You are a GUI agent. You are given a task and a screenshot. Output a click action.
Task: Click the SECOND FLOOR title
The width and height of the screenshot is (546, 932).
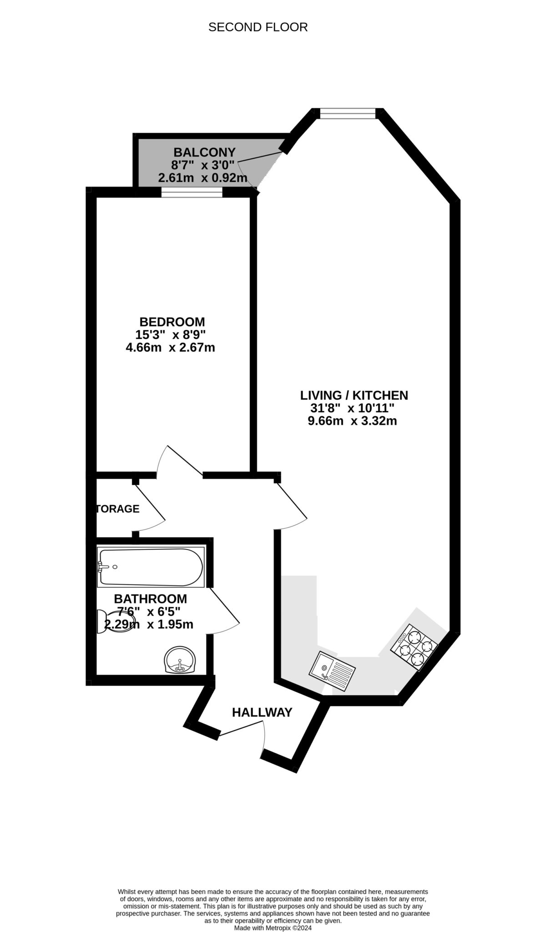pyautogui.click(x=258, y=27)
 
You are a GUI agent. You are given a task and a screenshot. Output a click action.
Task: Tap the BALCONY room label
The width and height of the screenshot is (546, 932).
pyautogui.click(x=205, y=152)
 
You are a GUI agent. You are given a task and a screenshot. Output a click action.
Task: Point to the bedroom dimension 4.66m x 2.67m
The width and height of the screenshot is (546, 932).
pyautogui.click(x=170, y=348)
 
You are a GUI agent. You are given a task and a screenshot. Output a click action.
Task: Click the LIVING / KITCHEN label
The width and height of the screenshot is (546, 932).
pyautogui.click(x=354, y=395)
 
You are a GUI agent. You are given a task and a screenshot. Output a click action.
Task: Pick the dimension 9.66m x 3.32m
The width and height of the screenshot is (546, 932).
pyautogui.click(x=352, y=421)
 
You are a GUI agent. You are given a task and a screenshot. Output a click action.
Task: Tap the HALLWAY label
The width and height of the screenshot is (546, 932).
pyautogui.click(x=262, y=713)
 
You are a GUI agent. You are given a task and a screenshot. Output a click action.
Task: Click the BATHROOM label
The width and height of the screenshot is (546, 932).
pyautogui.click(x=150, y=598)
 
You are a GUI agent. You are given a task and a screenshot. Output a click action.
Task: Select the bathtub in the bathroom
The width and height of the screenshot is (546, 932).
pyautogui.click(x=151, y=567)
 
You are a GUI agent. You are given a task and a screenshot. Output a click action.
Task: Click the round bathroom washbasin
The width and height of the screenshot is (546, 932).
pyautogui.click(x=181, y=660)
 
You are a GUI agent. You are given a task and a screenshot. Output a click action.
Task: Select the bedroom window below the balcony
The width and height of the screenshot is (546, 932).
pyautogui.click(x=192, y=193)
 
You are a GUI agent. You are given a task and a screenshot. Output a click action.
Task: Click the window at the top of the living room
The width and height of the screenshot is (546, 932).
pyautogui.click(x=348, y=113)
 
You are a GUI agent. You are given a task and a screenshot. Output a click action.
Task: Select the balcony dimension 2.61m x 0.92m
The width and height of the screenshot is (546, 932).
pyautogui.click(x=202, y=178)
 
